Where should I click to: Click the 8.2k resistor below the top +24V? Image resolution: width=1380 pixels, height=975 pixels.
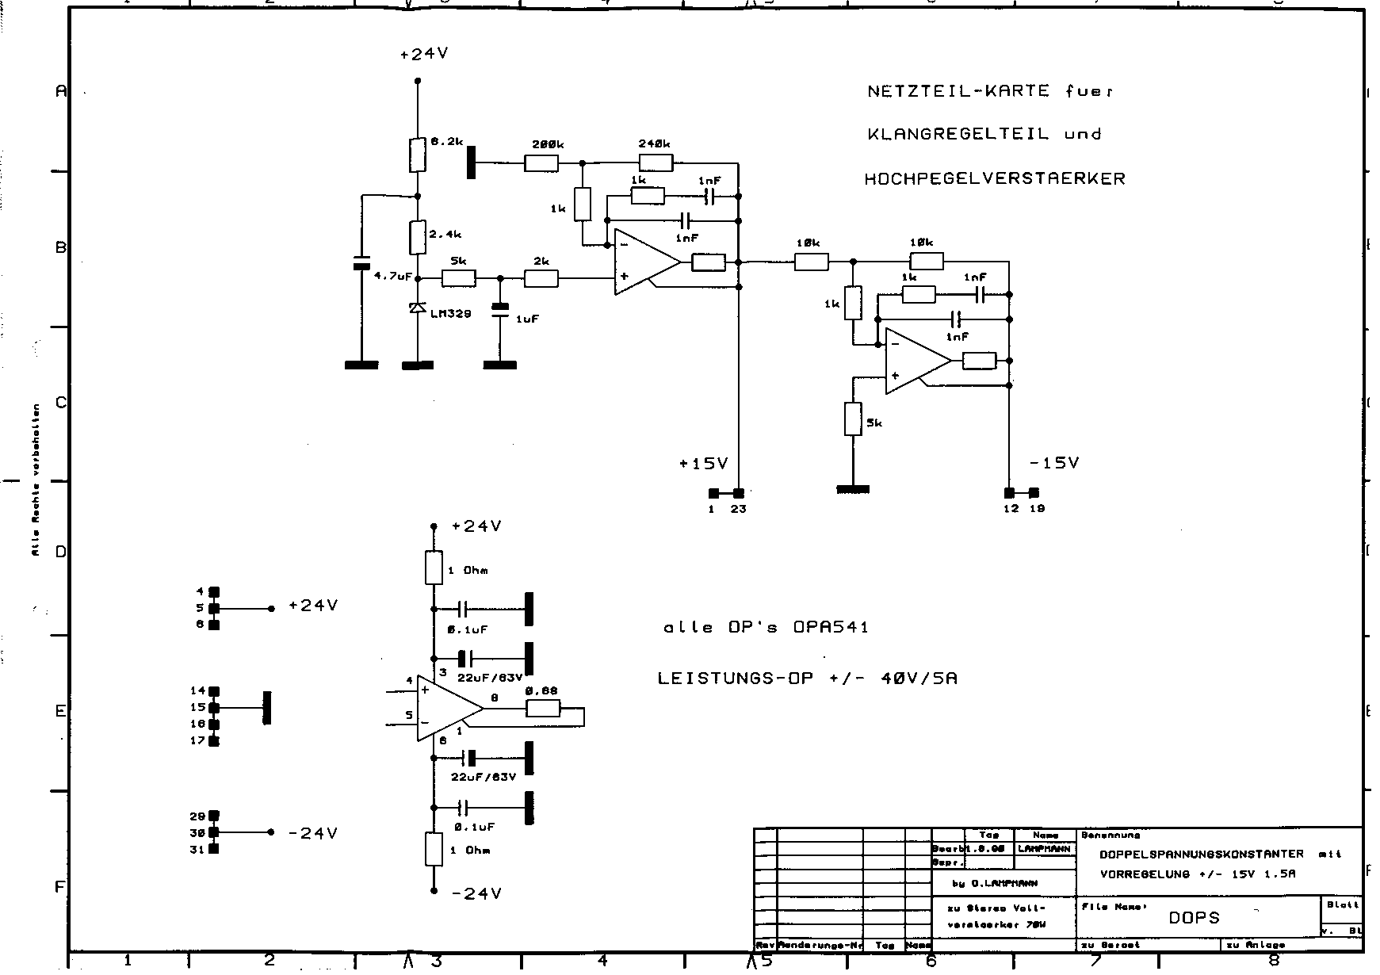[418, 155]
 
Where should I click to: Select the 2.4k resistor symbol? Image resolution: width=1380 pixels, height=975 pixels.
[418, 237]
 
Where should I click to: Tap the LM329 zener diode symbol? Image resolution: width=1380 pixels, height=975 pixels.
[418, 308]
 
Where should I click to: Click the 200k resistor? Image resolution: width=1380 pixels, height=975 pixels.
[541, 163]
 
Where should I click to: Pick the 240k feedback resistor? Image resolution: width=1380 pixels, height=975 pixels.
[656, 163]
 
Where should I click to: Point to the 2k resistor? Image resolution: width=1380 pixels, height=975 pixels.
[541, 278]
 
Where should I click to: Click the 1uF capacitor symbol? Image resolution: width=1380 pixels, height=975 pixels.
[499, 310]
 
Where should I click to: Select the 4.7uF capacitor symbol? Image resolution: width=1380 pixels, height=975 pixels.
[361, 263]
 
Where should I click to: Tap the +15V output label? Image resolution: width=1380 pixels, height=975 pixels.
[703, 464]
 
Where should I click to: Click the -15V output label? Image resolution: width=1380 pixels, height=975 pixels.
[1053, 463]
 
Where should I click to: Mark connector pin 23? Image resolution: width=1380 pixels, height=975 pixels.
[739, 493]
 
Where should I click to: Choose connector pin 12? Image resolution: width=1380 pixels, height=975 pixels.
[1009, 493]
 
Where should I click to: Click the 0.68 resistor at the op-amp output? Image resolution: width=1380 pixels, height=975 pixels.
[543, 709]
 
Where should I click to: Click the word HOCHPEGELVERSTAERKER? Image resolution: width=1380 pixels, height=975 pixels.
[994, 178]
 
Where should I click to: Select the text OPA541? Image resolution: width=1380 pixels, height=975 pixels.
[831, 627]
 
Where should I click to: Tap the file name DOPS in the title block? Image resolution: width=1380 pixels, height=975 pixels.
[1194, 918]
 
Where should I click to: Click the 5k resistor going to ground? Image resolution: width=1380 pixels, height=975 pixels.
[852, 419]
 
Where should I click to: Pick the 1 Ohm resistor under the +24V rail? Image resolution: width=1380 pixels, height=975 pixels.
[434, 568]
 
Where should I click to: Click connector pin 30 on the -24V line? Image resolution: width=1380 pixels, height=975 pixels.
[214, 832]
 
